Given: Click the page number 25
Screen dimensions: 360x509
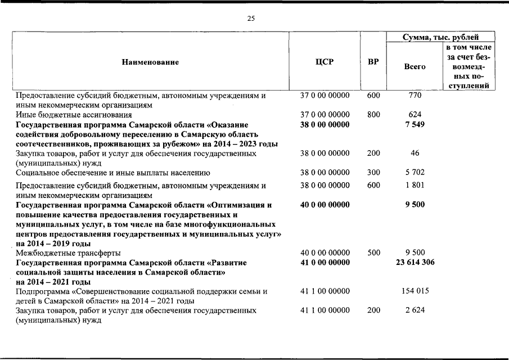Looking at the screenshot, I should click(251, 19).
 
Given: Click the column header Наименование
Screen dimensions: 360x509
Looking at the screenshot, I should click(150, 62).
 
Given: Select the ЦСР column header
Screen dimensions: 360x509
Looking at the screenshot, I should click(325, 62).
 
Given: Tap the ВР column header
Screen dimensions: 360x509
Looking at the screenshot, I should click(373, 62).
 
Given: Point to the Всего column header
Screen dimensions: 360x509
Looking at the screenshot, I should click(415, 66).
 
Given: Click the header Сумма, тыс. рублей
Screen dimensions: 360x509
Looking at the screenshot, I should click(440, 38).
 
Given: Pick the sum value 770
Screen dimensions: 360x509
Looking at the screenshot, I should click(415, 96).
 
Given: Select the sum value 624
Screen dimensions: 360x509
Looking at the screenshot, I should click(415, 115).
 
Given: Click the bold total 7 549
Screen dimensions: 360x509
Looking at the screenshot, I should click(415, 124).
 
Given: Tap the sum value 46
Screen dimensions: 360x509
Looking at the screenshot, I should click(415, 153).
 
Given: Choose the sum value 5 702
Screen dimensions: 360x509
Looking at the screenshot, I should click(415, 172).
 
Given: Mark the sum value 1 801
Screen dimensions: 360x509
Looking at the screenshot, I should click(415, 185).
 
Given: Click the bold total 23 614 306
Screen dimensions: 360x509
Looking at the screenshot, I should click(415, 262).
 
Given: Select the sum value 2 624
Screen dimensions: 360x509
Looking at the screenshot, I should click(415, 310).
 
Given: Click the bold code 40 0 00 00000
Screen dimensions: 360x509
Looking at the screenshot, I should click(325, 205).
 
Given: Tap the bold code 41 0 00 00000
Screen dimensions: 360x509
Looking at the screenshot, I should click(325, 262).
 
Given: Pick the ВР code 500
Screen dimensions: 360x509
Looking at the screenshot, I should click(373, 253).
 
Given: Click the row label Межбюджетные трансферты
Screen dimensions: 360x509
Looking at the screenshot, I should click(68, 253).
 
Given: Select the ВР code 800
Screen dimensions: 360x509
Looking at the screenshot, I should click(373, 115).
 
